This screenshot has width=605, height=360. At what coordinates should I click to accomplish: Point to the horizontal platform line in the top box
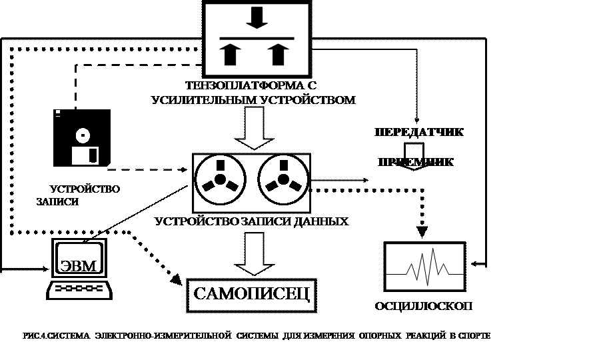(x=257, y=38)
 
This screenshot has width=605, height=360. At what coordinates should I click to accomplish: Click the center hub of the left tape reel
(x=221, y=180)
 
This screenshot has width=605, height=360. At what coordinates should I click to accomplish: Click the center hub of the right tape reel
(x=284, y=180)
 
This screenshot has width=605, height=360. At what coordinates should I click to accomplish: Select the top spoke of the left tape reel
(x=221, y=165)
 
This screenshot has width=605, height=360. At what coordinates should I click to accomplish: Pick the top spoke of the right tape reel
(x=284, y=165)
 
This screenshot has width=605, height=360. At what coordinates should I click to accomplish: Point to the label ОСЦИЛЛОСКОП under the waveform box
(x=424, y=306)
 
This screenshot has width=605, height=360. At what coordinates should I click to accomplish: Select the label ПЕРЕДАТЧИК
(x=418, y=132)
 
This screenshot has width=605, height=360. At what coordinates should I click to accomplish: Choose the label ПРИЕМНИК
(x=417, y=161)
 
